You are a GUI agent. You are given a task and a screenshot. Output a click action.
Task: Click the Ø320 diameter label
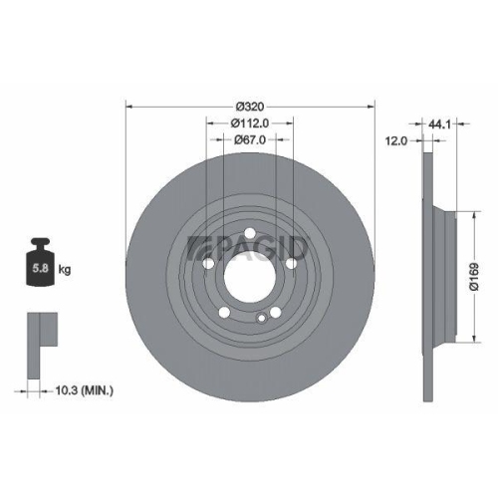point(249,106)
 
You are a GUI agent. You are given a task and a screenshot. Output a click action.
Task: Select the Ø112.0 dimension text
point(249,124)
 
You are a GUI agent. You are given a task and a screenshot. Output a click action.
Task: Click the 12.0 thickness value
point(395,141)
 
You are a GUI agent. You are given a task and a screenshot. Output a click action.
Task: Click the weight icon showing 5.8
point(42,264)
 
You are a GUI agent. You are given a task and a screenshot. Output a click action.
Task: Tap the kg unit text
point(65,270)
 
